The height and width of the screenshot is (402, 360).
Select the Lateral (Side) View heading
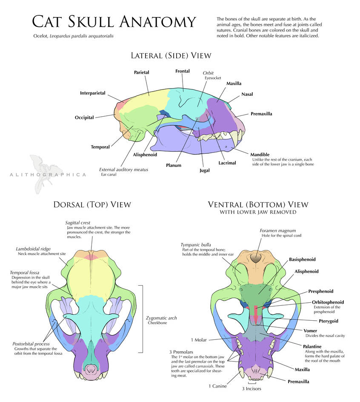click(171, 56)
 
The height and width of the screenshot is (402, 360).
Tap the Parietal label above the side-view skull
click(142, 73)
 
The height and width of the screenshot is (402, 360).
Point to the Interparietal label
click(92, 93)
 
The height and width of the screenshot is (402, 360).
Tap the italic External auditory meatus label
click(123, 169)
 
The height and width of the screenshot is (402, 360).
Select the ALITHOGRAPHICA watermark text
click(47, 175)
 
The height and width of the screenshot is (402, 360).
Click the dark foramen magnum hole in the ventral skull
click(256, 258)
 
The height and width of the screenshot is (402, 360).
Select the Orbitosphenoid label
click(329, 302)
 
